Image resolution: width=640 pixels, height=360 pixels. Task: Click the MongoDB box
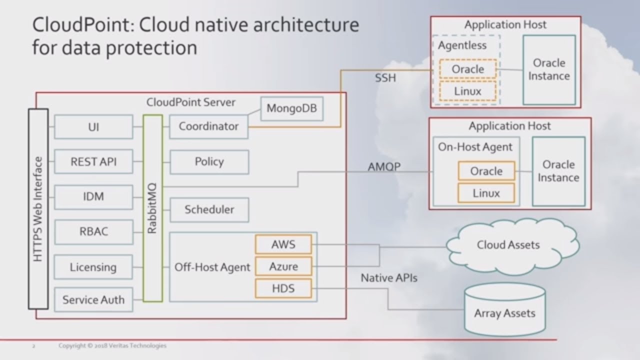pos(292,108)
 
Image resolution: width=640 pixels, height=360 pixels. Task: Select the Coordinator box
pos(208,126)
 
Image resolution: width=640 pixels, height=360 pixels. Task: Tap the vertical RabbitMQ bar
pos(153,208)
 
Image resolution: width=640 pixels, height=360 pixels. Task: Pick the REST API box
pos(93,161)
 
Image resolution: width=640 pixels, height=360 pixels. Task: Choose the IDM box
pos(93,196)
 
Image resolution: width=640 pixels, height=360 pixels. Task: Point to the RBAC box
pos(93,231)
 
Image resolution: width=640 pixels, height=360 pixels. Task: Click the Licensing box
pos(93,267)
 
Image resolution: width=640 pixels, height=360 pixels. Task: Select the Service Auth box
pos(93,300)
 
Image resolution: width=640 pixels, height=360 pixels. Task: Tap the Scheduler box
pos(209,209)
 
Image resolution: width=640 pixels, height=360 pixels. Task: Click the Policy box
pos(209,161)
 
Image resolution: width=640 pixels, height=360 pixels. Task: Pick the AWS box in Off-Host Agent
pos(283,244)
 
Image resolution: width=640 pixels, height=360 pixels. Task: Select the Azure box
pos(283,266)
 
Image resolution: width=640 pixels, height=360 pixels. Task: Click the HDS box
pos(283,288)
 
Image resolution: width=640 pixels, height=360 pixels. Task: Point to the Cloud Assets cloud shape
pos(507,245)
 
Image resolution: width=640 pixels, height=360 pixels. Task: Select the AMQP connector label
pos(384,166)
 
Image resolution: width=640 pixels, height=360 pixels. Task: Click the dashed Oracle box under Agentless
pos(467,69)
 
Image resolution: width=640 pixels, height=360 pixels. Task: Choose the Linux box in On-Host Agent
pos(486,192)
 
